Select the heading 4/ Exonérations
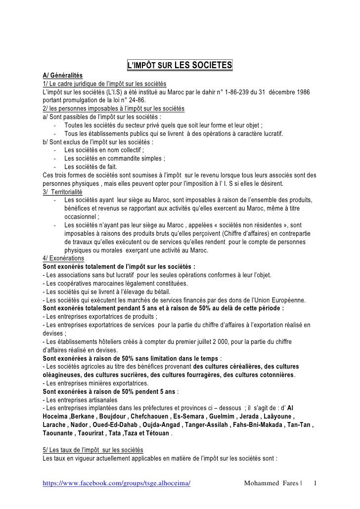tap(64, 258)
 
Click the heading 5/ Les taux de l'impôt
tap(93, 450)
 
